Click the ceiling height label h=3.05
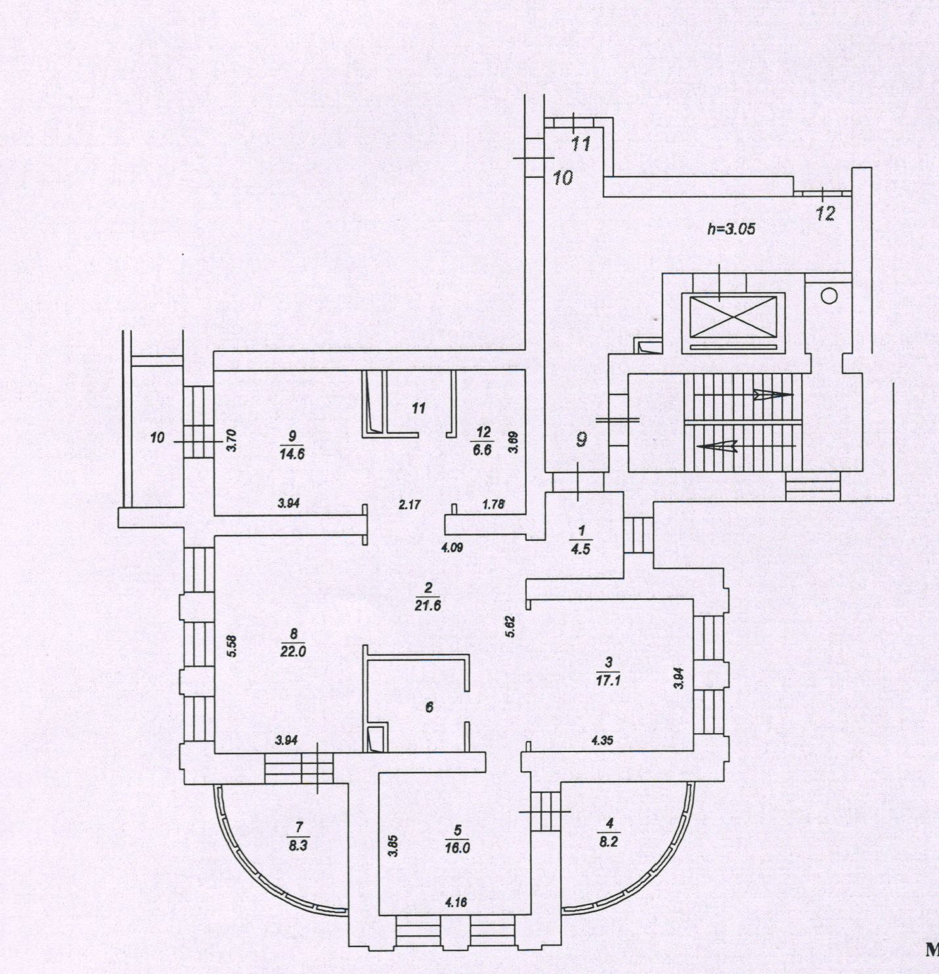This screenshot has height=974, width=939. pos(732,229)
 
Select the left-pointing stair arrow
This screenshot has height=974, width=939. pos(715,446)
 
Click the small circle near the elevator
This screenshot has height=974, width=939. pos(829,296)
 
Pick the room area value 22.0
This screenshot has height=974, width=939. pos(293,651)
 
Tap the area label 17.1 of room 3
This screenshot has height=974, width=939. pos(608,681)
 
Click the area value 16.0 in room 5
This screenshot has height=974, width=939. pos(457,847)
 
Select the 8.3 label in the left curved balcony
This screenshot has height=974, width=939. pos(297,846)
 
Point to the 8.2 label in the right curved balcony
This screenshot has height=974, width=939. pos(609,841)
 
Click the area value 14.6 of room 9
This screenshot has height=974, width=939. pos(292,454)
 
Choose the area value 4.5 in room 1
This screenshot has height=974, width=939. pos(580,549)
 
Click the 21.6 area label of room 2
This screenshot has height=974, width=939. pos(427,606)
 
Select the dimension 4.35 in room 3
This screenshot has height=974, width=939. pos(602,740)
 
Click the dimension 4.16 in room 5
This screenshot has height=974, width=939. pos(456,902)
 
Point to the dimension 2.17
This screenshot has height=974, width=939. pos(409,505)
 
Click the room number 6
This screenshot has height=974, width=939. pos(429,707)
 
